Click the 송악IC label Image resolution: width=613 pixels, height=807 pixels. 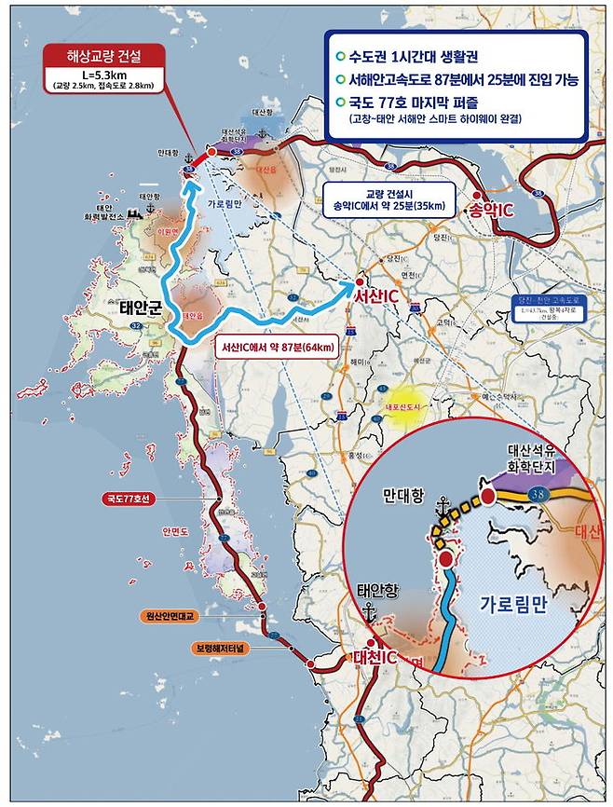(491, 211)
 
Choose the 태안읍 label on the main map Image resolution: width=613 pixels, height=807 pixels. (192, 316)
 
